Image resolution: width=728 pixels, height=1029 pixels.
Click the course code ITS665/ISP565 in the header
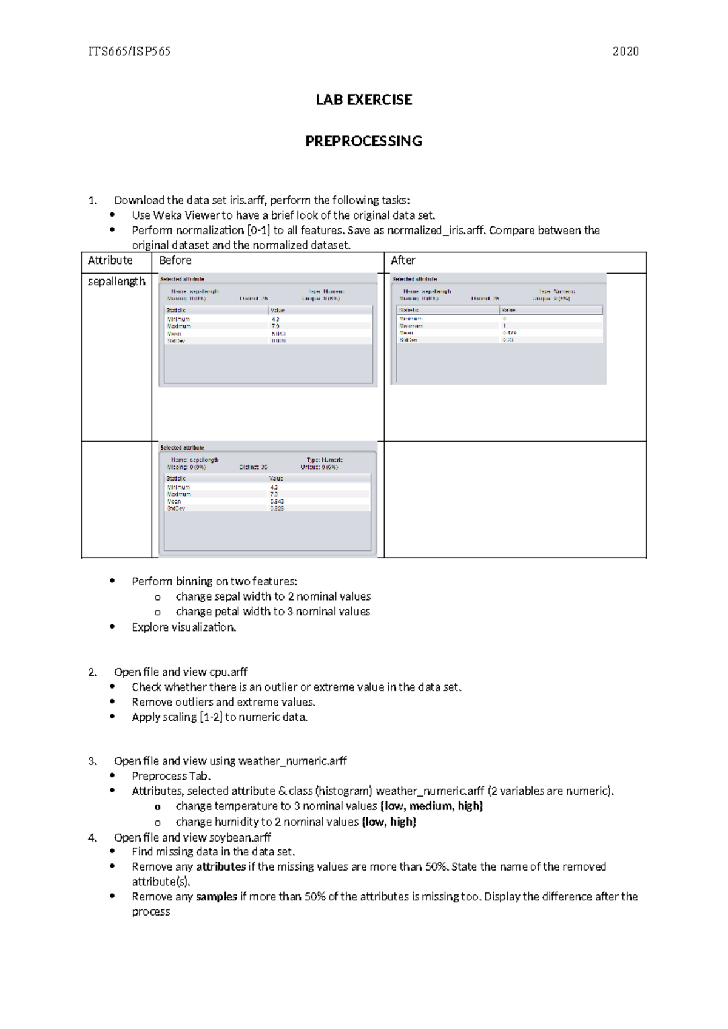[129, 52]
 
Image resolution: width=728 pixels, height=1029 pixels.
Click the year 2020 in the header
[625, 52]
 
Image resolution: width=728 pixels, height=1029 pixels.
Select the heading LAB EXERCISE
[363, 100]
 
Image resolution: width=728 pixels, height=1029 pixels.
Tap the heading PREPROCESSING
[363, 141]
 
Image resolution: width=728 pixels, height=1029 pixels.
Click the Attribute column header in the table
[110, 260]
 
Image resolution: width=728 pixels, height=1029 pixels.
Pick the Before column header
[175, 260]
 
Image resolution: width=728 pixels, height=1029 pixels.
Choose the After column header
[403, 260]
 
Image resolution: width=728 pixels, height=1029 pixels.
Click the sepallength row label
[116, 282]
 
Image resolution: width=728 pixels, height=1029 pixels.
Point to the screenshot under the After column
[498, 329]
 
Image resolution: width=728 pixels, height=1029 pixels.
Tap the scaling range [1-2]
[211, 717]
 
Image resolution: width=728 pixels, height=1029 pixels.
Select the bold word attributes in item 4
[221, 867]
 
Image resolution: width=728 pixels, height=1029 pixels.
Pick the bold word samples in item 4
[217, 897]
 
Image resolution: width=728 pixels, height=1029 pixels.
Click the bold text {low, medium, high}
[431, 806]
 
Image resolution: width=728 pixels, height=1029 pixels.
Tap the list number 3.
[92, 761]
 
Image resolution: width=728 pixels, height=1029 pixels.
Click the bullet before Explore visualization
[112, 627]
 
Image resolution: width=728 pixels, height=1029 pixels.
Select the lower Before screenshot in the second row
[268, 499]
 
